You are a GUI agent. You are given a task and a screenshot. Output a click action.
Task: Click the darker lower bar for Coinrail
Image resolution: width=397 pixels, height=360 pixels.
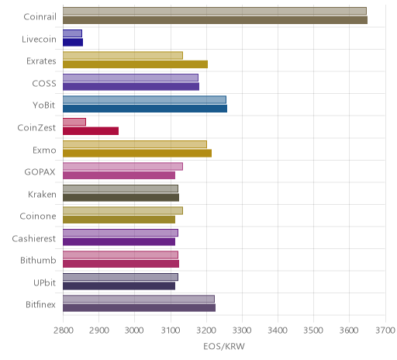point(215,20)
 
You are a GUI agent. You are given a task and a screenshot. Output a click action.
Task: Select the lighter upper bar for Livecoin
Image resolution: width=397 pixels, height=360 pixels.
point(72,33)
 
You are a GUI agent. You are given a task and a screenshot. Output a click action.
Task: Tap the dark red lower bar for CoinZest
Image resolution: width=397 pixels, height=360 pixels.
point(91,131)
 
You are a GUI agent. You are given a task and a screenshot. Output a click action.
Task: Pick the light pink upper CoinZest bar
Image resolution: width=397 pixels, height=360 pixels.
point(74,122)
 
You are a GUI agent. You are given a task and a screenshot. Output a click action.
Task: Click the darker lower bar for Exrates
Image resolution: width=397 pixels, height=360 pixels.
point(135,64)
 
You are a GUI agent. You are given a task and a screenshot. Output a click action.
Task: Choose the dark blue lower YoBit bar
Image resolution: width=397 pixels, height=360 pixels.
point(145,109)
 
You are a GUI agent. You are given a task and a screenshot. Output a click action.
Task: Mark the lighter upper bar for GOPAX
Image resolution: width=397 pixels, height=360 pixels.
point(123,167)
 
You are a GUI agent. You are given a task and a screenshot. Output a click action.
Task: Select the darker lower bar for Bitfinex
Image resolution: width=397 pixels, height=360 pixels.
point(139,308)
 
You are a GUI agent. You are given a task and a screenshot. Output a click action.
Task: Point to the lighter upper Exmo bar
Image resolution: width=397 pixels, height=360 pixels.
point(135,144)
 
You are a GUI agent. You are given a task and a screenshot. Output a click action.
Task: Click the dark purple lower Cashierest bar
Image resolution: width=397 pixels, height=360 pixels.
point(119,242)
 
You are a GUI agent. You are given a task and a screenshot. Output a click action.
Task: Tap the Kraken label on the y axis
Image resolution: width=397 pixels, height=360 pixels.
point(42,194)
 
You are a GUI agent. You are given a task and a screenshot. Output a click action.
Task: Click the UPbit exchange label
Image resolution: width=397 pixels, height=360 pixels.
point(44,282)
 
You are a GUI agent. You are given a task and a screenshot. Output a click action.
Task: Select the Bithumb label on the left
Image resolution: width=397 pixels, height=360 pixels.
point(38,260)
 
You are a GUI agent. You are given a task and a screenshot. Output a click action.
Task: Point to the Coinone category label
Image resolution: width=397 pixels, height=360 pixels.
point(38,216)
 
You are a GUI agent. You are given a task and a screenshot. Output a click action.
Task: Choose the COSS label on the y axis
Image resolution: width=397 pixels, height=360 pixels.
point(44,83)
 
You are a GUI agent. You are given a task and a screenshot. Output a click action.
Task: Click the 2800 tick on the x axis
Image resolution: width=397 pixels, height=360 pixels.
point(63,331)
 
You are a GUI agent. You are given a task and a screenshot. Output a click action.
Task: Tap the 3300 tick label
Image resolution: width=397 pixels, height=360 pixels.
point(242,331)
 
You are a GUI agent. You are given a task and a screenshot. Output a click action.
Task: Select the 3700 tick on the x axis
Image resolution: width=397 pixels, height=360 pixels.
point(385,331)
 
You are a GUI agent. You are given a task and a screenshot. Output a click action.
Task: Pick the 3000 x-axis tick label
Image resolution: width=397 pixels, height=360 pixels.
point(134,331)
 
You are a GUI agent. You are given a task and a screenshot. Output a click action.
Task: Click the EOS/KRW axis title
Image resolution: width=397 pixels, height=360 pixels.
point(224,347)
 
